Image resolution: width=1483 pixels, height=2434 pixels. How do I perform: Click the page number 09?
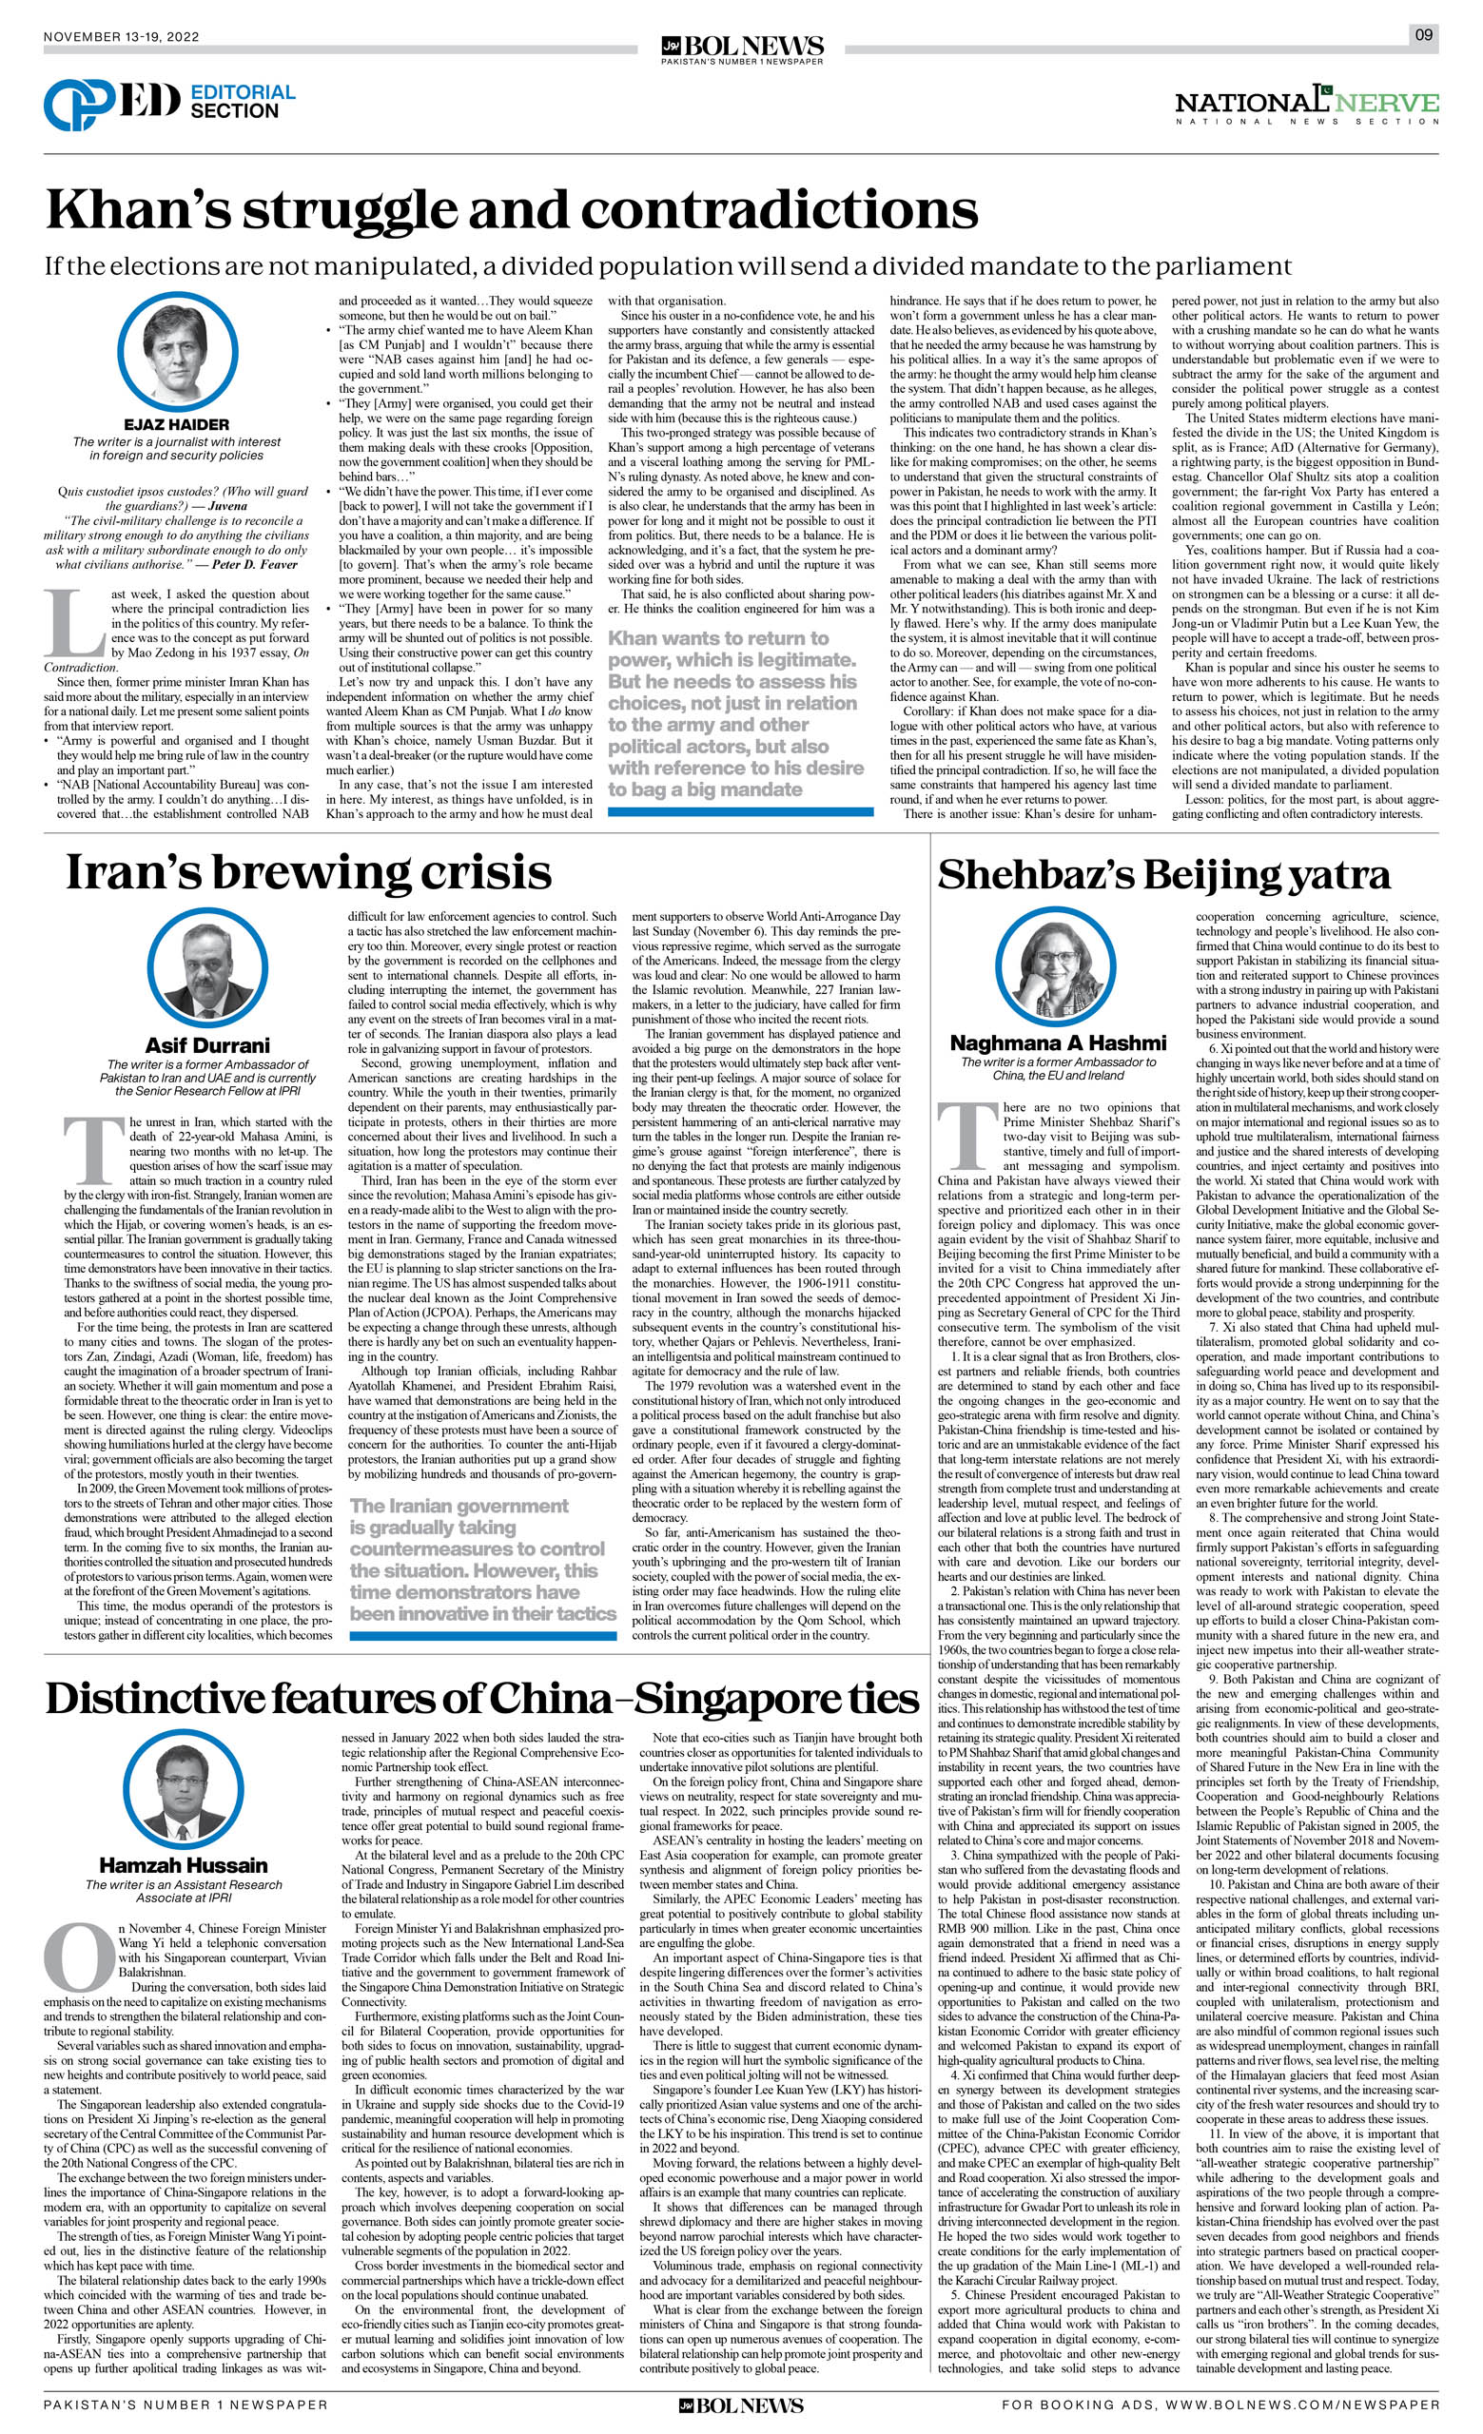(x=1423, y=35)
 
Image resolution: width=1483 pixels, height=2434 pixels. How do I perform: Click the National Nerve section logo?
(x=1306, y=104)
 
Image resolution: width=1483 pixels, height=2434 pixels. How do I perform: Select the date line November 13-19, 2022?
(x=122, y=37)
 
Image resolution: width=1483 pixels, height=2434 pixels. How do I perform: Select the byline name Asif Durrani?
(x=207, y=1045)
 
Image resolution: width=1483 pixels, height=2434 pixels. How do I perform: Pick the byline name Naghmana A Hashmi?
(x=1057, y=1043)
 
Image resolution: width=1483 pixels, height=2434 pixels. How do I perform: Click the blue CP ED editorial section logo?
(x=110, y=104)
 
